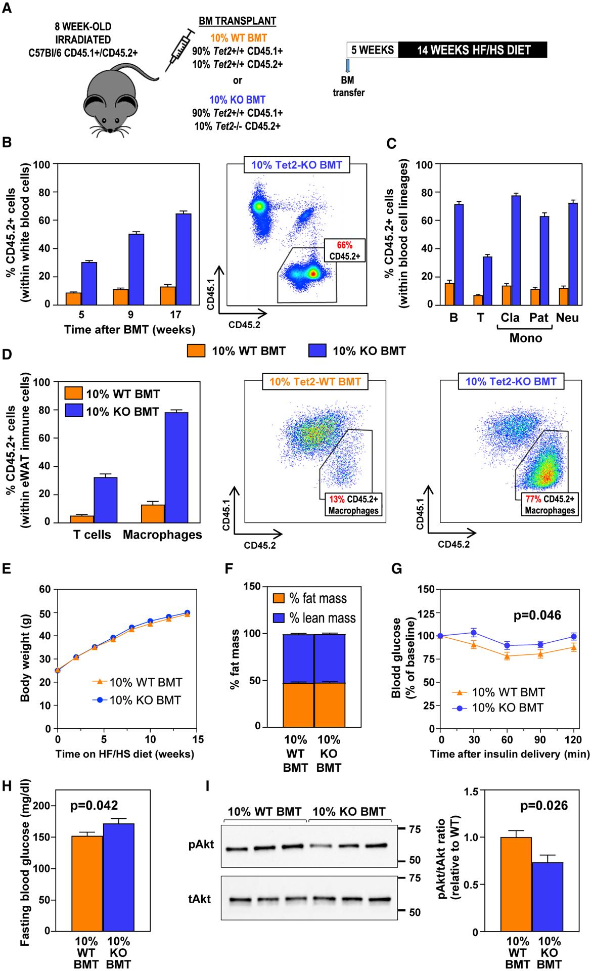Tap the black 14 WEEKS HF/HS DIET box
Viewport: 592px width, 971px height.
[x=473, y=50]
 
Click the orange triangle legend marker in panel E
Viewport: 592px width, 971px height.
[x=100, y=682]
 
